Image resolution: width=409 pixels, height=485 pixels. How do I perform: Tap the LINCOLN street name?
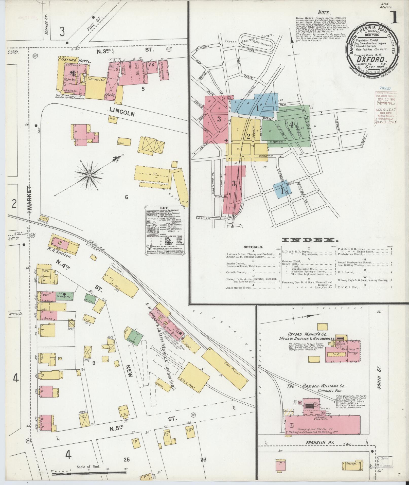coord(122,112)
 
